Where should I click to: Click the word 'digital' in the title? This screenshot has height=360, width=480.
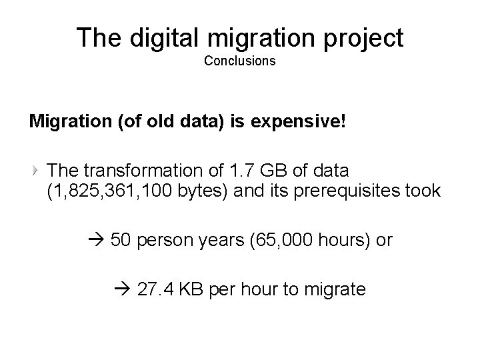pyautogui.click(x=155, y=38)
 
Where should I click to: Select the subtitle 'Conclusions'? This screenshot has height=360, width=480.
pyautogui.click(x=239, y=61)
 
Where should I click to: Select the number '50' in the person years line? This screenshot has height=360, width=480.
pyautogui.click(x=121, y=240)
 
